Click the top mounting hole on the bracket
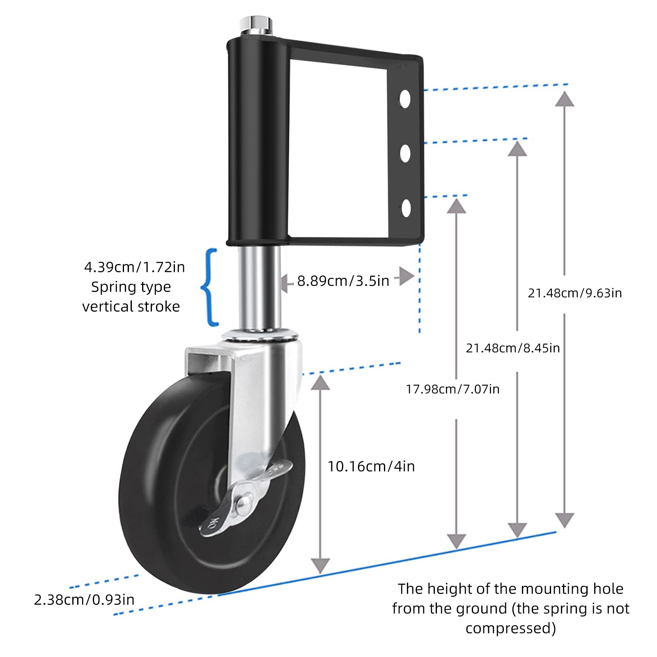[x=405, y=99]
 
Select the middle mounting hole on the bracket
[x=405, y=153]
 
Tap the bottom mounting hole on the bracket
[x=406, y=208]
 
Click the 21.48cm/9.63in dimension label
[x=575, y=293]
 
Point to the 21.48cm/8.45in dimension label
[x=513, y=348]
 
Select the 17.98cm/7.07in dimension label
[x=453, y=389]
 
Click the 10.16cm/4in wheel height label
[x=371, y=466]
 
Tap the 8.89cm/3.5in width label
[x=343, y=281]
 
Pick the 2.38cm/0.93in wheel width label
[x=84, y=600]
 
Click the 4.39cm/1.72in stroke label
[x=134, y=267]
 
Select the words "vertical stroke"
[x=131, y=307]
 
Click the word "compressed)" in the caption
[x=511, y=629]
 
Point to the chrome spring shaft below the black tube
[x=259, y=287]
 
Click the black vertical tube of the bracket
[x=258, y=142]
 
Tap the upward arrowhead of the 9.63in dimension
[x=565, y=99]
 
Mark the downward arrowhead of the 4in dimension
[x=320, y=566]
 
